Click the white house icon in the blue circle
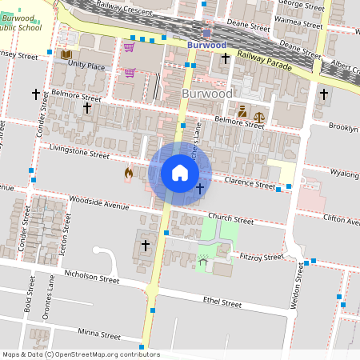(180, 173)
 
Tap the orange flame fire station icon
(128, 173)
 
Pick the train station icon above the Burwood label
(207, 33)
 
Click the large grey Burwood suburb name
(207, 94)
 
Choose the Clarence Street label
(248, 184)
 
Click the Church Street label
(230, 218)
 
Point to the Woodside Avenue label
(99, 205)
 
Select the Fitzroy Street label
(262, 258)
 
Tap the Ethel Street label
(222, 303)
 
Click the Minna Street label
(100, 333)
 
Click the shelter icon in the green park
(202, 262)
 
